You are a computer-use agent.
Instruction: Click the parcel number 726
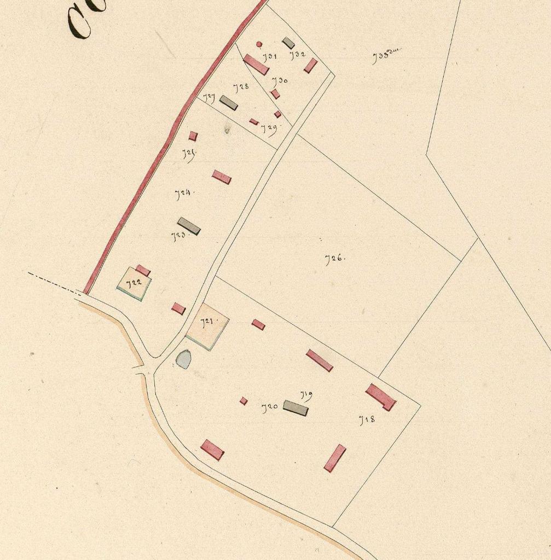(x=334, y=259)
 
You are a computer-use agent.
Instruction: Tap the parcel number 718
(x=367, y=420)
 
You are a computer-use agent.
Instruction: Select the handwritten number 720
(x=270, y=407)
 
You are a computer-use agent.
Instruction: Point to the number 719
(x=306, y=394)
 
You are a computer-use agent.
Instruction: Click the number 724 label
(x=184, y=193)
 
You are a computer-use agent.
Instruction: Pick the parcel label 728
(x=241, y=87)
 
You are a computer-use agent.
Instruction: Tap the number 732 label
(x=298, y=55)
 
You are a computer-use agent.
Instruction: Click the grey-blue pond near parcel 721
(x=183, y=359)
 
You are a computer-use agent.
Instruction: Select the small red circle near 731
(x=259, y=44)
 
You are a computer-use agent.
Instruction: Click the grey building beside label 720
(x=295, y=408)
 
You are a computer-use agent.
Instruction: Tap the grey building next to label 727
(x=229, y=102)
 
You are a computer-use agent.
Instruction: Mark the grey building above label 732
(x=288, y=43)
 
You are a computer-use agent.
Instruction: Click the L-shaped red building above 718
(x=381, y=396)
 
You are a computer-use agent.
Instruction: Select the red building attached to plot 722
(x=143, y=270)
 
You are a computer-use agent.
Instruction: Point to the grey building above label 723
(x=189, y=226)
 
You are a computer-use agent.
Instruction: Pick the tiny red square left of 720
(x=243, y=401)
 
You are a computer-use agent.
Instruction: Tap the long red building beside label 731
(x=256, y=65)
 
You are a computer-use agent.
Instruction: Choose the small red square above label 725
(x=193, y=136)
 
